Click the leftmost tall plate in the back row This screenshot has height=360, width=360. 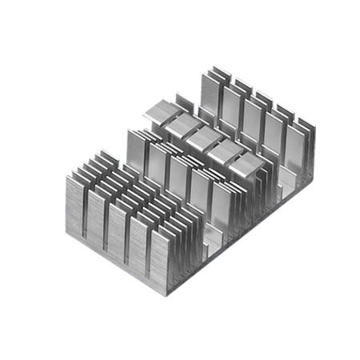(209, 96)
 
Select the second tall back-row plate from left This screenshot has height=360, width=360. (231, 109)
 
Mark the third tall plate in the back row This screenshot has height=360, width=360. (253, 121)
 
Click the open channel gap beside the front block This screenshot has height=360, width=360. (210, 240)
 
